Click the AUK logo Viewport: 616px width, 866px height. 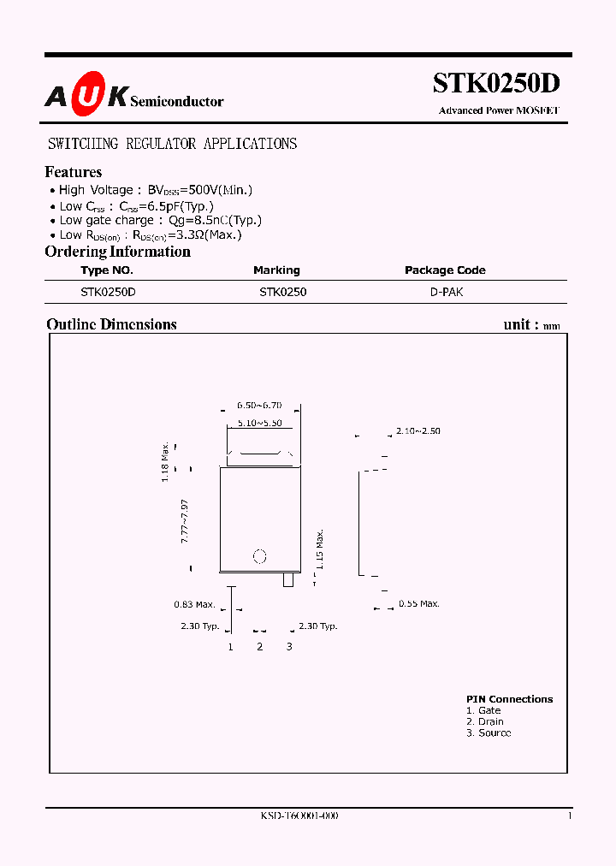86,98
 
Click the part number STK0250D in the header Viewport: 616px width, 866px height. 496,84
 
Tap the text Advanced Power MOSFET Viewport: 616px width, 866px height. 499,110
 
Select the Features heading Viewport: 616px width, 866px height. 74,172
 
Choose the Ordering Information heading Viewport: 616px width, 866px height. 117,252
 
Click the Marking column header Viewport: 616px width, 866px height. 276,270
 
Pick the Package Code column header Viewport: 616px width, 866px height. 445,270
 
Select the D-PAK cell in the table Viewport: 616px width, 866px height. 447,292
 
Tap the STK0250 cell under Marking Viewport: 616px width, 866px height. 283,292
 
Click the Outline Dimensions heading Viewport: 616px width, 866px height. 111,324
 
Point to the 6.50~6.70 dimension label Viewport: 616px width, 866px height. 259,405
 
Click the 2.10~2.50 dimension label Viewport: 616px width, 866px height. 418,431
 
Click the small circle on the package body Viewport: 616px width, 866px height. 260,556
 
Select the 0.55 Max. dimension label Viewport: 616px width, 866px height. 419,604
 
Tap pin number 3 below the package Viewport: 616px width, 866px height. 289,646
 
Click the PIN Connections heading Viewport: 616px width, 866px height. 509,699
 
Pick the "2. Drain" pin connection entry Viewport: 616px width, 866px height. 485,721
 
